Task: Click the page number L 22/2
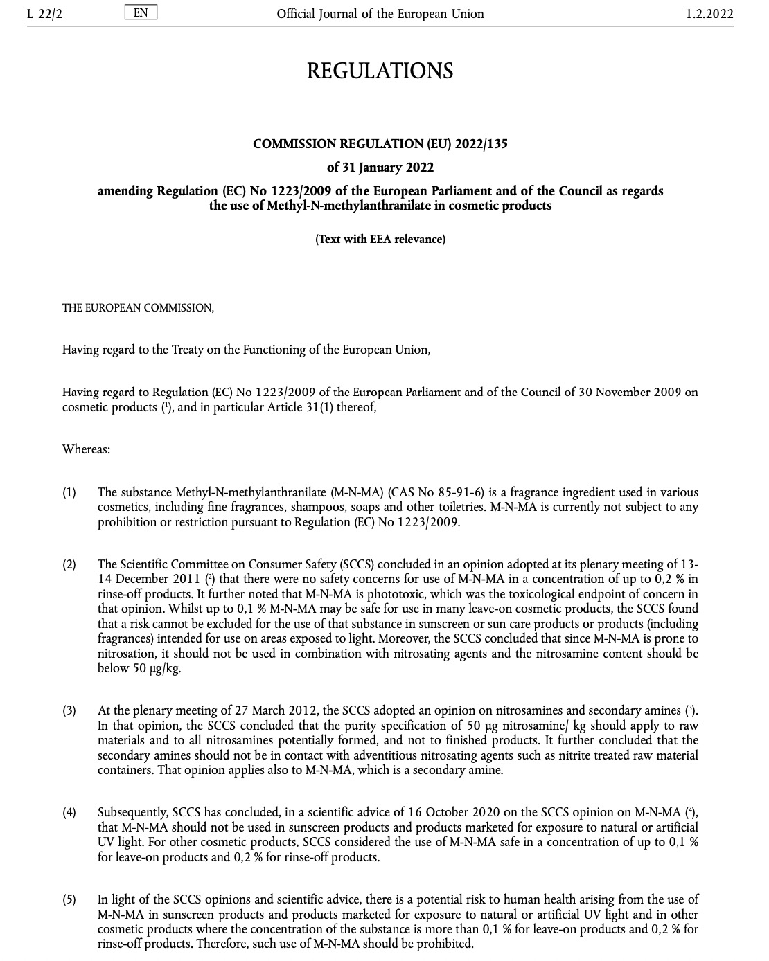click(x=45, y=13)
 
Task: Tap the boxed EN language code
click(x=141, y=12)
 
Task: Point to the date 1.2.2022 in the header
click(x=709, y=13)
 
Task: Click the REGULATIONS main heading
click(x=380, y=71)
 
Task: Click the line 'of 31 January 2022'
click(x=380, y=167)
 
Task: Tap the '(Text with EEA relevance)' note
click(x=380, y=239)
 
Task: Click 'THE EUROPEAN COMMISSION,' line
click(x=138, y=308)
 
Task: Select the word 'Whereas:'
click(x=86, y=449)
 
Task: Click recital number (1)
click(x=69, y=492)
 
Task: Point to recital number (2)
click(x=69, y=564)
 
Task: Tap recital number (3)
click(x=69, y=710)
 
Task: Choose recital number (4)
click(x=69, y=812)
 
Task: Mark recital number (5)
click(x=69, y=899)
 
